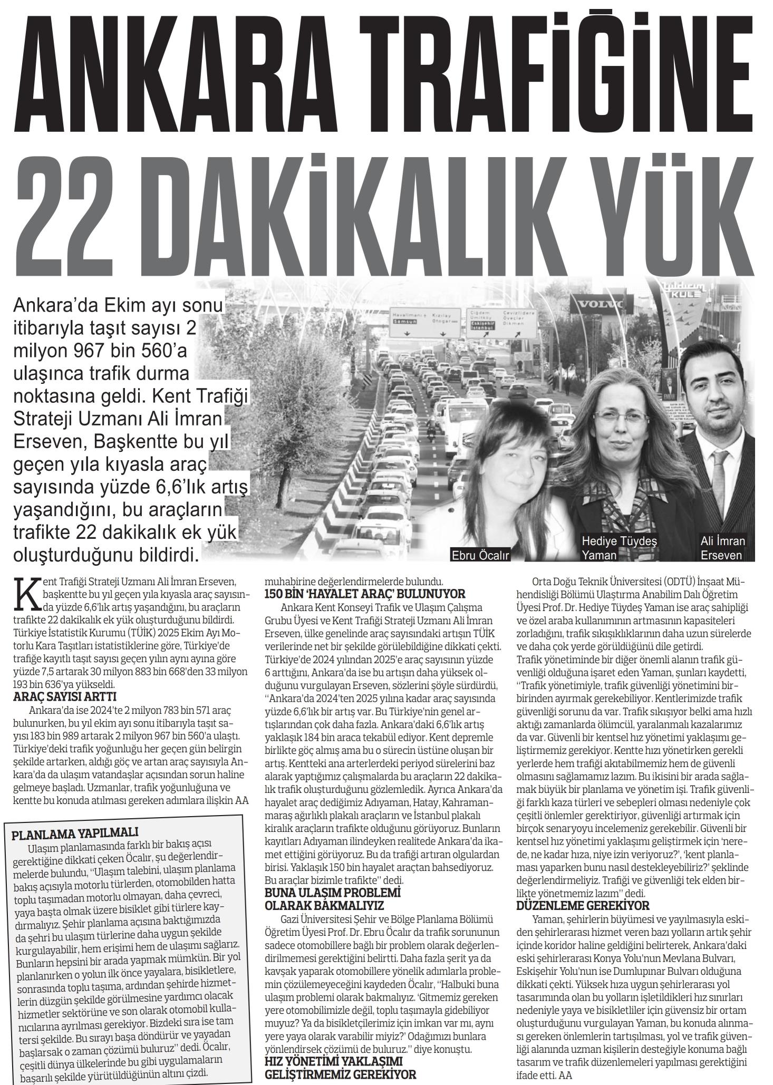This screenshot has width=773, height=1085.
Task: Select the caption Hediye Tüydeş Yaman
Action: (x=619, y=547)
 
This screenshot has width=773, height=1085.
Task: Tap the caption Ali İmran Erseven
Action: (x=722, y=547)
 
